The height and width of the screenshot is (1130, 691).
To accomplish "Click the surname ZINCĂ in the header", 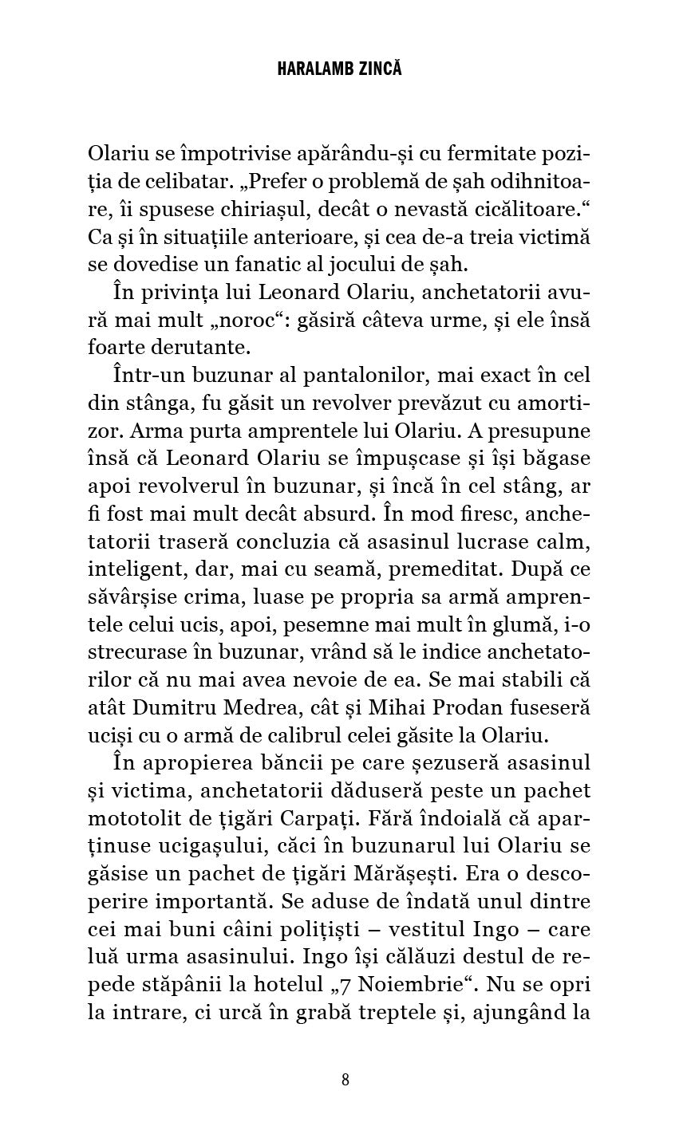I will pos(375,69).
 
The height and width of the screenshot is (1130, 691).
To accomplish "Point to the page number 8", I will pos(345,1080).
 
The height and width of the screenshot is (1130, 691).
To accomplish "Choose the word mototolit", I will pos(136,818).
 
